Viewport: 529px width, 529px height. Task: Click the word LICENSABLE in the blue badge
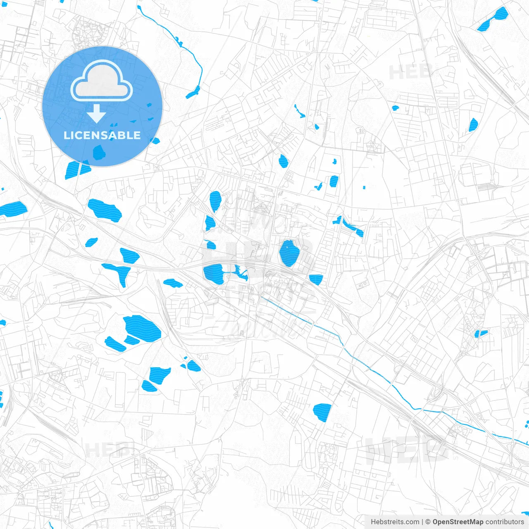(x=102, y=136)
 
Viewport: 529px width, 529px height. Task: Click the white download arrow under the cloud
(x=97, y=114)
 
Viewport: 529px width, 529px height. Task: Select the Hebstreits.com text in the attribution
(x=395, y=522)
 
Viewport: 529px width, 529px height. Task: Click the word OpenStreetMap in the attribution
(x=458, y=522)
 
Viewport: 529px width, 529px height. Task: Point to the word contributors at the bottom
(x=504, y=522)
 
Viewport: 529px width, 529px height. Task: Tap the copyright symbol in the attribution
(x=428, y=522)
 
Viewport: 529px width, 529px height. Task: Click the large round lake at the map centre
(x=289, y=253)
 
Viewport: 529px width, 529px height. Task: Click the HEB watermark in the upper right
(x=410, y=73)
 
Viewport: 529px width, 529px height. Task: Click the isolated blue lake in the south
(x=322, y=412)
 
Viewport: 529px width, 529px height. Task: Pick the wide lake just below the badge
(x=105, y=210)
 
